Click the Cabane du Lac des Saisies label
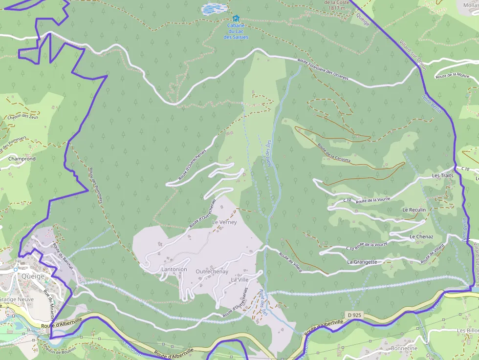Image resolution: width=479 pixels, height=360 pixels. coord(236,31)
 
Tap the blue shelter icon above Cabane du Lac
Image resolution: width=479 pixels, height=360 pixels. coord(236,18)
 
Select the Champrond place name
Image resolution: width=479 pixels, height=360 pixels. coord(22,159)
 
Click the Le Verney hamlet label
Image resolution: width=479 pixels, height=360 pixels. coord(224,222)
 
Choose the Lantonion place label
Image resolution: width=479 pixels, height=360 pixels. coord(174,269)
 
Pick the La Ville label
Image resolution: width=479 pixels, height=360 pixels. coord(240,280)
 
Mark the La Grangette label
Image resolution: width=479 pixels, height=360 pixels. coord(362,262)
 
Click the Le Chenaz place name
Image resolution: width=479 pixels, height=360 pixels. coord(421,236)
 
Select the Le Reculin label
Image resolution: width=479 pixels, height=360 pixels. coord(414,210)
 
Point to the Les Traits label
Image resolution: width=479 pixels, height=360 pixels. coord(442,175)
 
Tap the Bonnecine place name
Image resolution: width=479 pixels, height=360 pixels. coord(404,348)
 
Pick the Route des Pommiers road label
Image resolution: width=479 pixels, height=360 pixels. coord(95,186)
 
